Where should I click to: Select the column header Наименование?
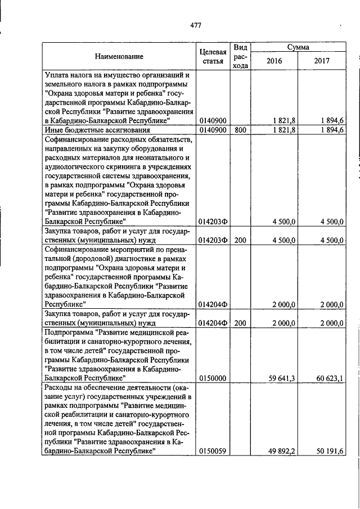(119, 56)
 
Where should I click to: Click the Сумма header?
(298, 47)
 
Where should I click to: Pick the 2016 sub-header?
(274, 61)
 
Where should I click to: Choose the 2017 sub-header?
(322, 61)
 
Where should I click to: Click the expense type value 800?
(241, 130)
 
